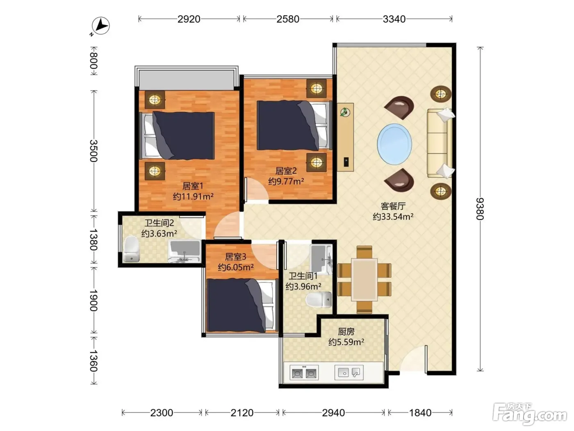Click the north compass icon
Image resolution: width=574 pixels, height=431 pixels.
point(100,26)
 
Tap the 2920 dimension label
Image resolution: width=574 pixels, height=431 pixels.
point(189,19)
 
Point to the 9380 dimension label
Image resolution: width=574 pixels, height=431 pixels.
point(480,209)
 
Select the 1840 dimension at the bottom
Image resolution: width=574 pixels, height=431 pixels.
point(420,413)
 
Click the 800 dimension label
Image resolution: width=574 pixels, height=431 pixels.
point(93,61)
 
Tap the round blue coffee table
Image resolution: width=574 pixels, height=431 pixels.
point(394,144)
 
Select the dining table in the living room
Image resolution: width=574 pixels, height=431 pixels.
point(364,280)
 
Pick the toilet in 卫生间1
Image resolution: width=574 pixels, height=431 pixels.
point(319,299)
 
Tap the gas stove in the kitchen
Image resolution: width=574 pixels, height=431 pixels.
point(304,373)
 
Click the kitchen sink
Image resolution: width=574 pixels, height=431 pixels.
point(349,372)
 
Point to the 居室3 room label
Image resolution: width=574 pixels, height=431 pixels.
point(235,257)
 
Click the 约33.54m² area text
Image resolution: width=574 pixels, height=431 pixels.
point(393,217)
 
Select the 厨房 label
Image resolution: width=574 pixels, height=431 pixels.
point(346,332)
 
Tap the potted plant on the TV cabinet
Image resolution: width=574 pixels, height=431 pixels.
point(345,112)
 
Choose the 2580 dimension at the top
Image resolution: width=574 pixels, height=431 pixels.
point(288,19)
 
